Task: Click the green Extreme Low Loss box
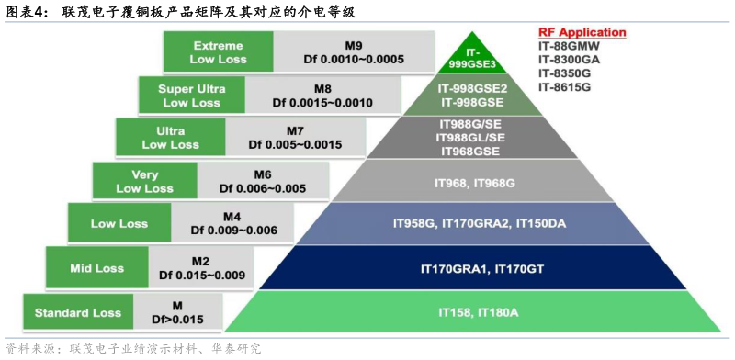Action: [219, 52]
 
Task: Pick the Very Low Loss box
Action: [144, 181]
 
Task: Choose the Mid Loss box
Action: [96, 268]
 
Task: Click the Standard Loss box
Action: [77, 312]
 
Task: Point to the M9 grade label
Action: [354, 44]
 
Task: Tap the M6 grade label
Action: [263, 174]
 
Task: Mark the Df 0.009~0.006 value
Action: [233, 231]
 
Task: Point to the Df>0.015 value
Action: [177, 319]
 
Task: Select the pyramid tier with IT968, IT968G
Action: [474, 184]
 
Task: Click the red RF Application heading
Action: [582, 32]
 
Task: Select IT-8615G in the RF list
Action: [564, 86]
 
